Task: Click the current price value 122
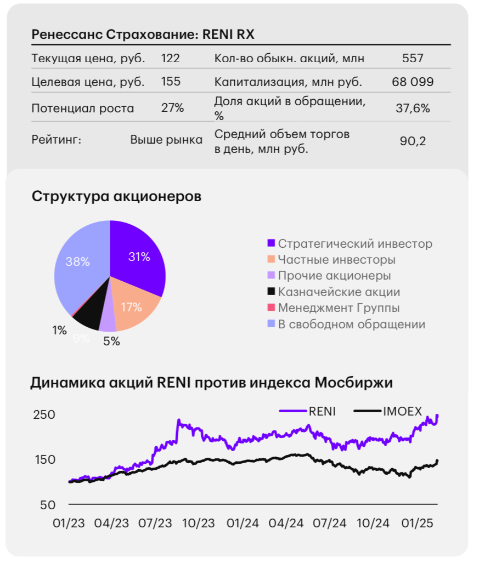pyautogui.click(x=170, y=58)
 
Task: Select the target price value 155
pyautogui.click(x=170, y=82)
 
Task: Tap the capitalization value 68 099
pyautogui.click(x=413, y=82)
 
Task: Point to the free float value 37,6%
pyautogui.click(x=413, y=108)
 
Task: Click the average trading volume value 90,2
pyautogui.click(x=413, y=141)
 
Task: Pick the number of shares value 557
pyautogui.click(x=413, y=58)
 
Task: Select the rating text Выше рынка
pyautogui.click(x=166, y=140)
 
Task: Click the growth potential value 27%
pyautogui.click(x=172, y=108)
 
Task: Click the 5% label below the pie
pyautogui.click(x=111, y=341)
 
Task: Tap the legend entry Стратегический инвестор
pyautogui.click(x=354, y=244)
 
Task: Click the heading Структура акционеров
pyautogui.click(x=116, y=196)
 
